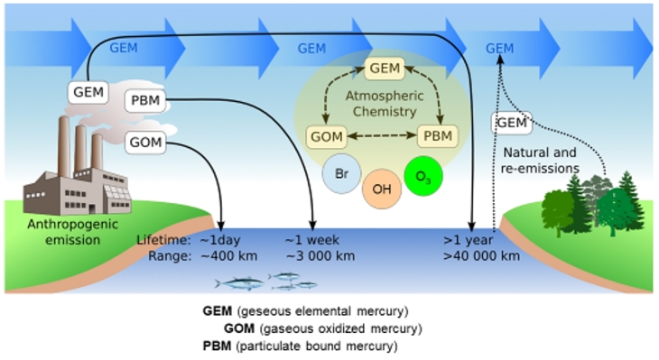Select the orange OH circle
tap(382, 189)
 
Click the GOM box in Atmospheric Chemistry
tap(326, 137)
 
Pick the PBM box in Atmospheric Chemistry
tap(438, 137)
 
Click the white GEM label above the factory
tap(88, 91)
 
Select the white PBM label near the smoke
tap(145, 99)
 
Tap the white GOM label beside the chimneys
tap(145, 143)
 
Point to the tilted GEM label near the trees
tap(511, 122)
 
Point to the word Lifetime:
tap(162, 241)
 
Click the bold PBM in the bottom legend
tap(218, 345)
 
